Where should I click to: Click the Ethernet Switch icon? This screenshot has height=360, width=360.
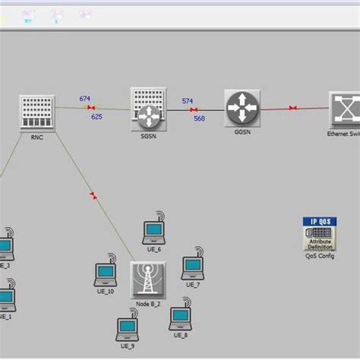pyautogui.click(x=346, y=110)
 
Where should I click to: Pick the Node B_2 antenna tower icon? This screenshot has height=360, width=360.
pyautogui.click(x=147, y=279)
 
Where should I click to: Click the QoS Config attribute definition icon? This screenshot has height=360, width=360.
pyautogui.click(x=320, y=234)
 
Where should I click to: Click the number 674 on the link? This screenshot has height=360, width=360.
pyautogui.click(x=85, y=99)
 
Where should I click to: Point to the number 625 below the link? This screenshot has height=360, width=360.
pyautogui.click(x=96, y=117)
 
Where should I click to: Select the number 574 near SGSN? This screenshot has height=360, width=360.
pyautogui.click(x=187, y=101)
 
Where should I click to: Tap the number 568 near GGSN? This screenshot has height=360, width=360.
pyautogui.click(x=199, y=118)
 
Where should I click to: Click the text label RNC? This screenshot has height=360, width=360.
pyautogui.click(x=37, y=138)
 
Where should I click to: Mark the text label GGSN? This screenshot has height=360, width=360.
pyautogui.click(x=242, y=131)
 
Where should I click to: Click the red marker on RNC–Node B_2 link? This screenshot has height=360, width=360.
pyautogui.click(x=93, y=196)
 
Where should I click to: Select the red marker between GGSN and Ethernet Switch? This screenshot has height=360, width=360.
pyautogui.click(x=293, y=109)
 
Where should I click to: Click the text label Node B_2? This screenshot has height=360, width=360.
pyautogui.click(x=148, y=304)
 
